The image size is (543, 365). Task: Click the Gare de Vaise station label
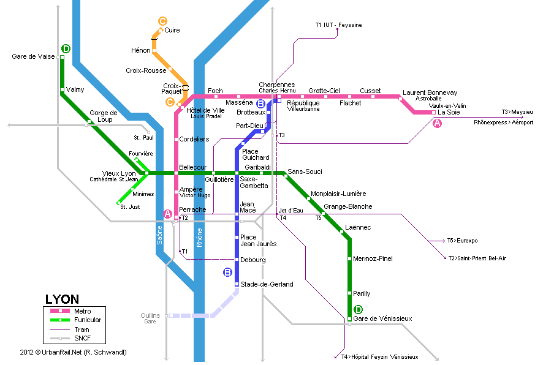pos(34,56)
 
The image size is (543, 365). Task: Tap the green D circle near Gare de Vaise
pos(66,49)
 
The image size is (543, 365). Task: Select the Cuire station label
pos(172,30)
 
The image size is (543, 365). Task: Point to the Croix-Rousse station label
pos(146,70)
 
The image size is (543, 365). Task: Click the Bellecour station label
pos(192,167)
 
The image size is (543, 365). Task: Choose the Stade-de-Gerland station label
pos(267,284)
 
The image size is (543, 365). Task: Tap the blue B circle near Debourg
pos(227,273)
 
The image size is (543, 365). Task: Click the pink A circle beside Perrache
pos(167,213)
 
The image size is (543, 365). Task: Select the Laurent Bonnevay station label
pos(430,92)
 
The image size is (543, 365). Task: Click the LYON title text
pos(62,299)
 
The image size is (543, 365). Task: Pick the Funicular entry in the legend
pos(88,320)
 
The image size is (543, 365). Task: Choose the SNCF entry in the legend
pos(82,338)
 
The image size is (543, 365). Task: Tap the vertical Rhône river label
pos(199,237)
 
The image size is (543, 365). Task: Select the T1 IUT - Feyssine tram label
pos(338,25)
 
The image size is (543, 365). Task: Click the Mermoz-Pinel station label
pos(373,258)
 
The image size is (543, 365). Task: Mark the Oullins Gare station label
pos(151,318)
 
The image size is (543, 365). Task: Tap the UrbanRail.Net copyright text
pos(73,352)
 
